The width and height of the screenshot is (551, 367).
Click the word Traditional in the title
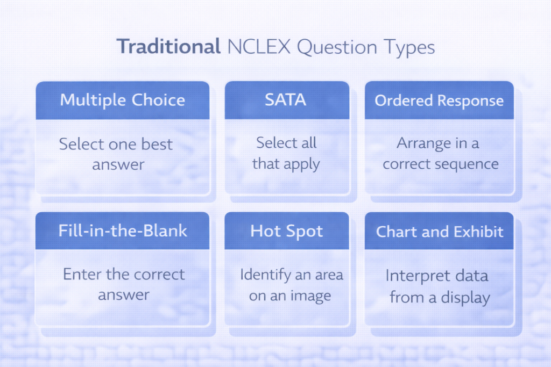click(x=168, y=47)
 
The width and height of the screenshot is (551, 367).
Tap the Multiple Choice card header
click(x=123, y=100)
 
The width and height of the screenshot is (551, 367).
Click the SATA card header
click(x=286, y=100)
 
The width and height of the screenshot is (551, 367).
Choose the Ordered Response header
click(x=439, y=100)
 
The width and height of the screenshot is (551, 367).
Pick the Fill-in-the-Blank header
click(x=123, y=231)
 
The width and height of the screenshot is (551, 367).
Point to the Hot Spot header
click(x=286, y=232)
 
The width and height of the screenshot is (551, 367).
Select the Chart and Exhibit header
click(x=439, y=232)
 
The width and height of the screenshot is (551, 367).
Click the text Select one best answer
click(x=116, y=154)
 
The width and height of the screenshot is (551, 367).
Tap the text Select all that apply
click(x=286, y=153)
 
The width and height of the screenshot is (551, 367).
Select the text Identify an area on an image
click(x=291, y=285)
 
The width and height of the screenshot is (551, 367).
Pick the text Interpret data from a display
click(x=437, y=286)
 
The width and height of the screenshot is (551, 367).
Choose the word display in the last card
click(x=465, y=297)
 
